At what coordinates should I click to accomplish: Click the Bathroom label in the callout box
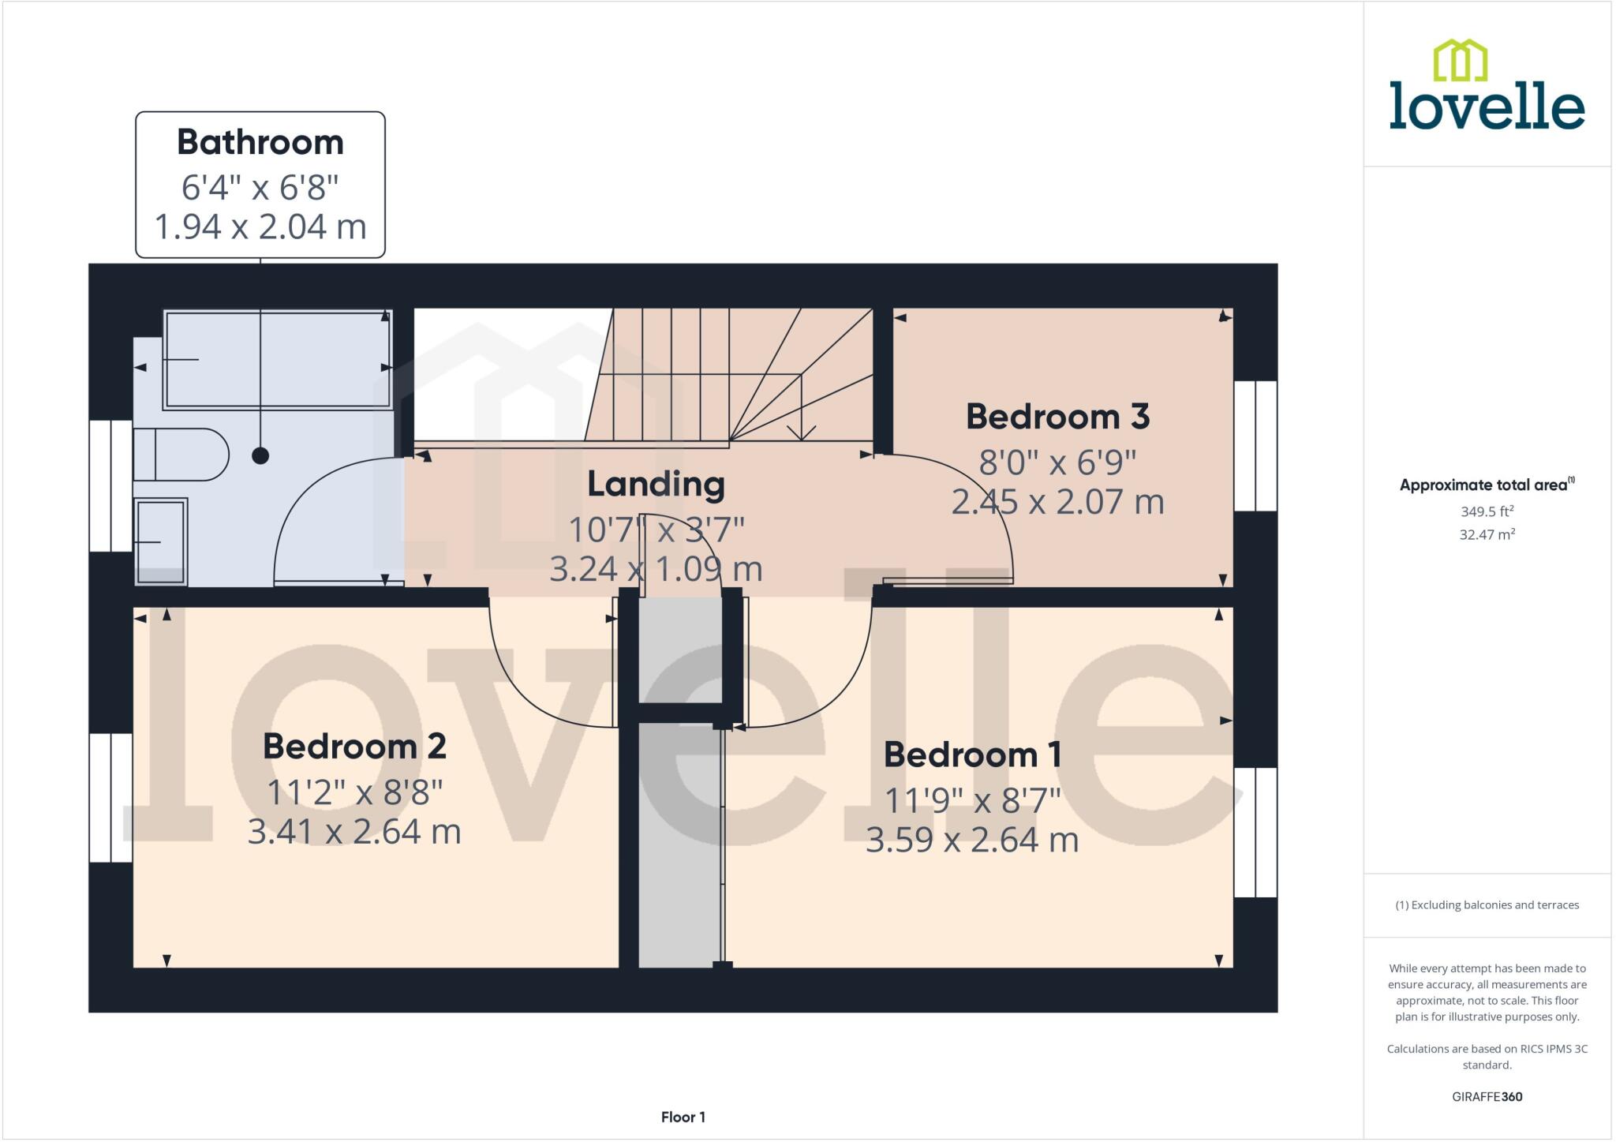(260, 143)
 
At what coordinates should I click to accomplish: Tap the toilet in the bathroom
(180, 455)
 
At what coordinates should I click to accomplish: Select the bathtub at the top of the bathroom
(277, 360)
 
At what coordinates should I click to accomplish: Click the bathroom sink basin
(161, 542)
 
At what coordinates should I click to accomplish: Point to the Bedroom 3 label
(1057, 417)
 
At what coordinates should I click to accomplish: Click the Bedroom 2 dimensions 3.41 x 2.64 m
(353, 832)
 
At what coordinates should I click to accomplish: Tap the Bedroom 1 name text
(972, 755)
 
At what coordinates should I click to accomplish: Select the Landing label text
(656, 485)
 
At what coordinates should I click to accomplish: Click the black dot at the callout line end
(260, 455)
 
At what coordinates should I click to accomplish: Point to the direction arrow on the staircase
(802, 430)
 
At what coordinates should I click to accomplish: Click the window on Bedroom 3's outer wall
(1255, 446)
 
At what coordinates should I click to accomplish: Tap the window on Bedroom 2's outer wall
(110, 797)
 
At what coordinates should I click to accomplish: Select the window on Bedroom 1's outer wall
(1255, 833)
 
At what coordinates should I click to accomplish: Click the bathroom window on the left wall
(110, 485)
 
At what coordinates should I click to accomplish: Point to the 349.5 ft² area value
(1487, 511)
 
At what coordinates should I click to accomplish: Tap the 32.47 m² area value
(1487, 534)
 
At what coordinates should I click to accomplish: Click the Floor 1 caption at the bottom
(683, 1117)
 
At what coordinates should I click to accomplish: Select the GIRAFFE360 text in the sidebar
(1487, 1096)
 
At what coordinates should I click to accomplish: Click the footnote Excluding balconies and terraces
(1487, 905)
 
